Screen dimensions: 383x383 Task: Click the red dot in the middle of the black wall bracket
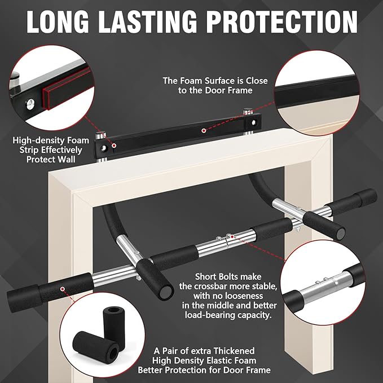click(x=204, y=129)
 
